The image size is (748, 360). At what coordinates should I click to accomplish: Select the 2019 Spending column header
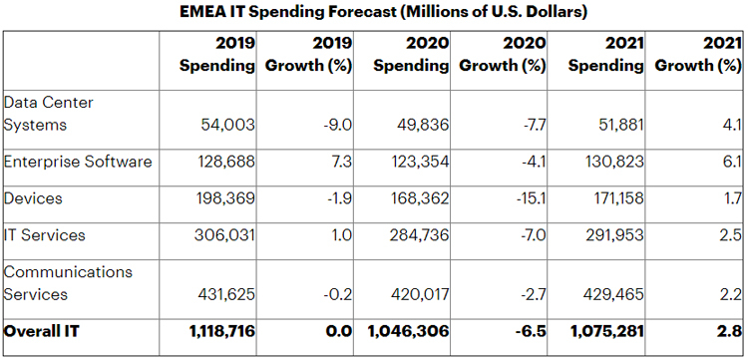pyautogui.click(x=217, y=55)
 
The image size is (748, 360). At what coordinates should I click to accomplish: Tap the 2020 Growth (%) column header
pyautogui.click(x=503, y=55)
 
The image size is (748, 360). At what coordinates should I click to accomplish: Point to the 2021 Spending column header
pyautogui.click(x=605, y=55)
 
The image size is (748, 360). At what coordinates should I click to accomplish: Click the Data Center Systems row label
pyautogui.click(x=48, y=114)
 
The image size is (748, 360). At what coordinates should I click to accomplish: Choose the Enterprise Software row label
pyautogui.click(x=78, y=162)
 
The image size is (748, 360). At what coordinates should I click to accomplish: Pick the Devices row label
pyautogui.click(x=33, y=197)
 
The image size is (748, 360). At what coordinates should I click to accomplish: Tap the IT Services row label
pyautogui.click(x=44, y=234)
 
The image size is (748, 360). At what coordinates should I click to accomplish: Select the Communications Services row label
pyautogui.click(x=68, y=283)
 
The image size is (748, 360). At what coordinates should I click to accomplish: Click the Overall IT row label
pyautogui.click(x=42, y=330)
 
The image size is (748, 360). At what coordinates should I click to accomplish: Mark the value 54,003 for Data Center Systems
pyautogui.click(x=227, y=125)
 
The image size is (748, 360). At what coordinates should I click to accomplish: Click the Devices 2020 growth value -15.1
pyautogui.click(x=531, y=197)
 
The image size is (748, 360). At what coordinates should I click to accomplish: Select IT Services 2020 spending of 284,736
pyautogui.click(x=419, y=234)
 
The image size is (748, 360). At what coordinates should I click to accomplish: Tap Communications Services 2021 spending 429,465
pyautogui.click(x=613, y=294)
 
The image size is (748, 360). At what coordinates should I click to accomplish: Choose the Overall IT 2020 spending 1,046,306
pyautogui.click(x=408, y=331)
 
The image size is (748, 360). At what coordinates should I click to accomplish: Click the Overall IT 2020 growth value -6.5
pyautogui.click(x=531, y=331)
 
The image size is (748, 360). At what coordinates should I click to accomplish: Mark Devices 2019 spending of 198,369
pyautogui.click(x=226, y=197)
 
